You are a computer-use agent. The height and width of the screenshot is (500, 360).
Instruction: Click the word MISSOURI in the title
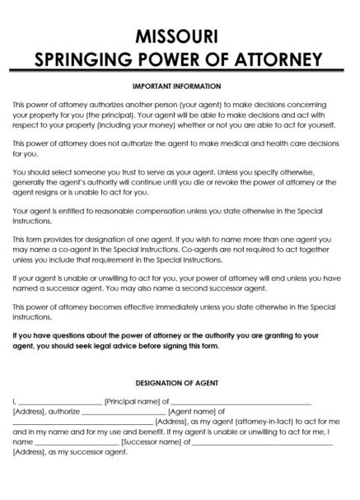(179, 35)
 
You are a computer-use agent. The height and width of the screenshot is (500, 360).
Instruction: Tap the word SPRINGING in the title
(88, 59)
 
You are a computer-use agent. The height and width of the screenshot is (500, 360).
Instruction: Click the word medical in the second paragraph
(228, 143)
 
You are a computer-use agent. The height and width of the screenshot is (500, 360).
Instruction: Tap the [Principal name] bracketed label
(133, 401)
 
